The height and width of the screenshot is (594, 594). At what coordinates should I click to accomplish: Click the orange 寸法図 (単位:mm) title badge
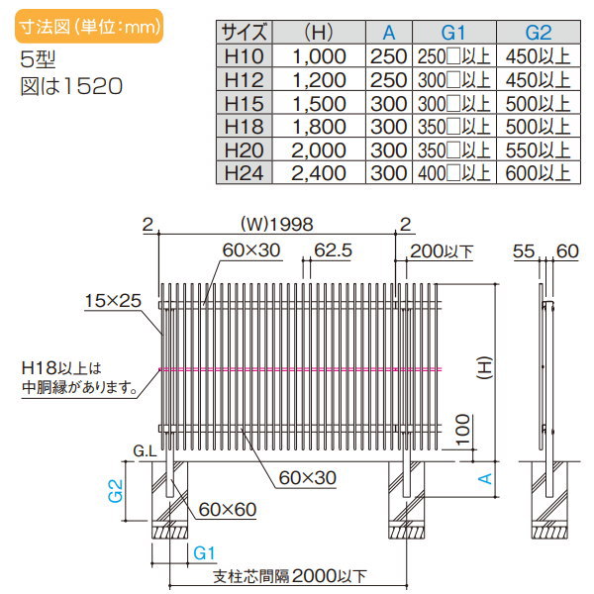(89, 26)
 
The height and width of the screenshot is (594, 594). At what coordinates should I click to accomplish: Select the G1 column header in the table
(453, 33)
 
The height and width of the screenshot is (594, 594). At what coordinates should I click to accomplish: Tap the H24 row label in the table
(244, 173)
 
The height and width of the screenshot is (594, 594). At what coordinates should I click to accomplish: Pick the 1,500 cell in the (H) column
(319, 103)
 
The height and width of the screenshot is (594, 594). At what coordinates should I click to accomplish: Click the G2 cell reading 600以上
(538, 173)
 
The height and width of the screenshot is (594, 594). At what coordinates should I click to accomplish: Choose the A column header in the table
(389, 33)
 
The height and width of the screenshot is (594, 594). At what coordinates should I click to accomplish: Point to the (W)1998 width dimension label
(277, 225)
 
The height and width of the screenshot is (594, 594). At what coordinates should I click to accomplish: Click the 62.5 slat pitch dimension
(333, 250)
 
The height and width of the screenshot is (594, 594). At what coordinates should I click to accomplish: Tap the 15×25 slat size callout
(113, 301)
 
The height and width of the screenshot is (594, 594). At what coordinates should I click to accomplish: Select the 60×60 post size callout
(228, 510)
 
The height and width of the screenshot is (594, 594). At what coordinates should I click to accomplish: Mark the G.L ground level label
(145, 451)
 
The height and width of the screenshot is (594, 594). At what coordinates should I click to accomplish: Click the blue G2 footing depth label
(116, 491)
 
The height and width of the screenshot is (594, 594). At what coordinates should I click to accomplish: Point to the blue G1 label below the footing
(204, 553)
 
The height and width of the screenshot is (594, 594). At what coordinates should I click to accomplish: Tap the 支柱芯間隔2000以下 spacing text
(290, 576)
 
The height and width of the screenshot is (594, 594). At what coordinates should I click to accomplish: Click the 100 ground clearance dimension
(462, 429)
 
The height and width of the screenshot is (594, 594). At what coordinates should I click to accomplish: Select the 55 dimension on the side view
(524, 251)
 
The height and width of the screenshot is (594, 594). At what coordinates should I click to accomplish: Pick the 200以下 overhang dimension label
(442, 251)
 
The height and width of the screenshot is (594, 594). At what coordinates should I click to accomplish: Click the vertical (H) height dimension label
(484, 368)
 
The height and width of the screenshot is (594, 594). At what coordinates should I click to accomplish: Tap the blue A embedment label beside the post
(485, 479)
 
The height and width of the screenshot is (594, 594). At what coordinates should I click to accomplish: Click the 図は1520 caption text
(71, 86)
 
